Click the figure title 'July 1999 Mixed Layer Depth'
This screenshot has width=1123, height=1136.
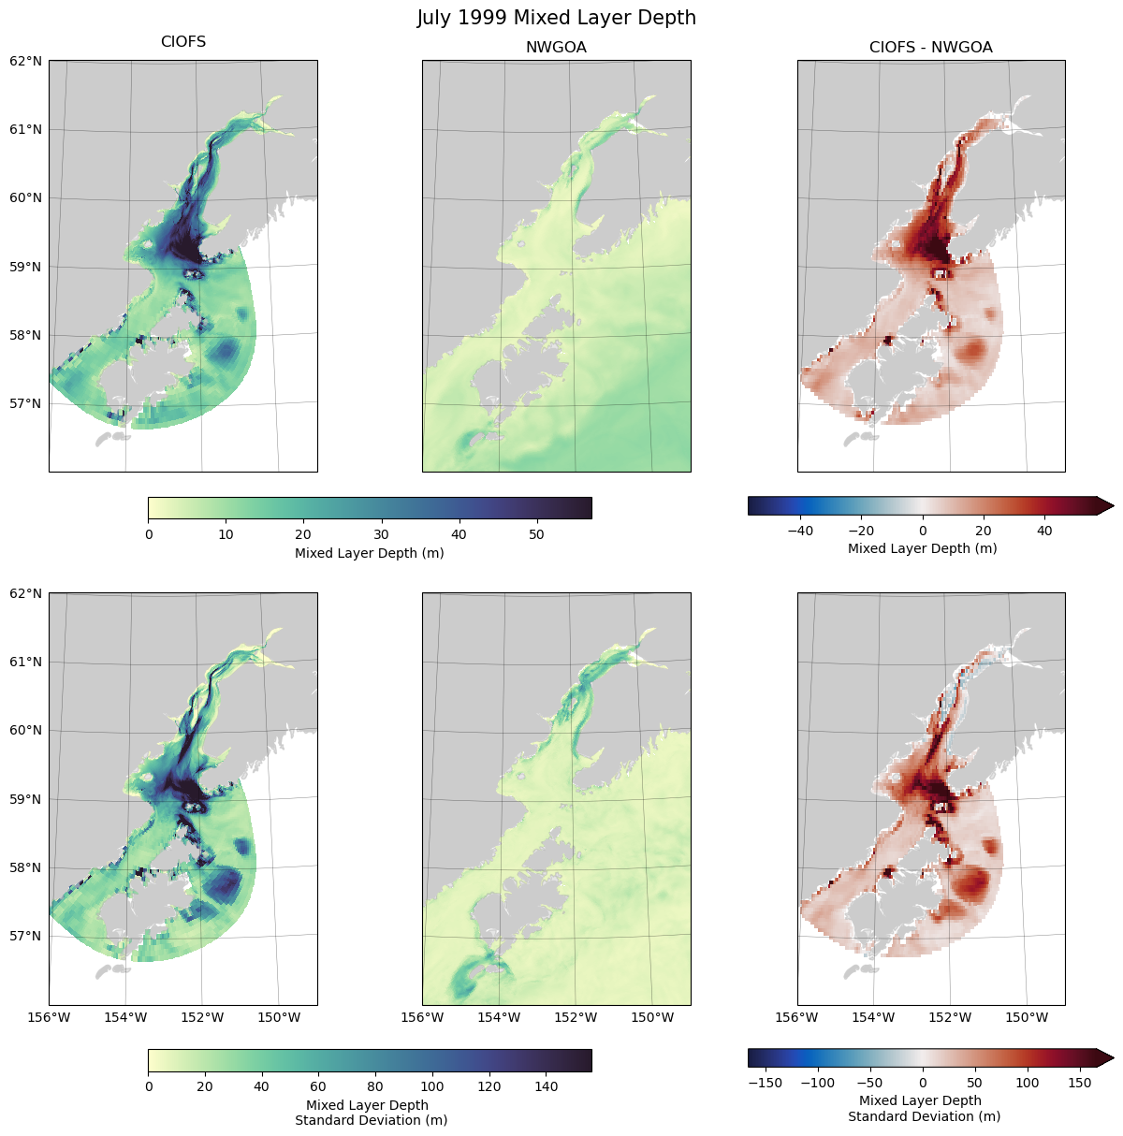coord(556,18)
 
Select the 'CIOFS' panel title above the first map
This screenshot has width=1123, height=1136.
coord(183,42)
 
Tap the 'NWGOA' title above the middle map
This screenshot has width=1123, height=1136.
coord(556,48)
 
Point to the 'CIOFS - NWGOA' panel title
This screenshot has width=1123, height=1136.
coord(930,48)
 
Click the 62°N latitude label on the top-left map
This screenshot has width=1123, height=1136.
coord(26,61)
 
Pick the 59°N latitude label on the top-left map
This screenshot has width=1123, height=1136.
coord(26,267)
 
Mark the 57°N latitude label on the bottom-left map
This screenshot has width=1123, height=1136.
coord(26,936)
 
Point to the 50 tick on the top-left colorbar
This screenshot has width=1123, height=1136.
coord(536,534)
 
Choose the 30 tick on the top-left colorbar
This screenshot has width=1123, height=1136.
coord(381,534)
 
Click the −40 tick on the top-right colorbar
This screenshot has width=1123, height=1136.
coord(800,531)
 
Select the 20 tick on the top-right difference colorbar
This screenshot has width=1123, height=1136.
coord(984,531)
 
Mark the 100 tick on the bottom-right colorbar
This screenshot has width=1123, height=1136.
coord(1028,1083)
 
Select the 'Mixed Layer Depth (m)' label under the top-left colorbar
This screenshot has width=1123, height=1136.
coord(369,553)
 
